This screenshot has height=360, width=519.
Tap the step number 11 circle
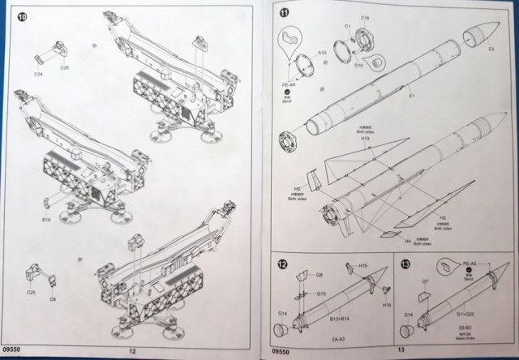tap(284, 15)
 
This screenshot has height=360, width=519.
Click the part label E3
tap(491, 49)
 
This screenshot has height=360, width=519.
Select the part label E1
tap(413, 96)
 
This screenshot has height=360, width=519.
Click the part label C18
tap(365, 17)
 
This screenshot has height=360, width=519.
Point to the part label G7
tap(425, 281)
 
